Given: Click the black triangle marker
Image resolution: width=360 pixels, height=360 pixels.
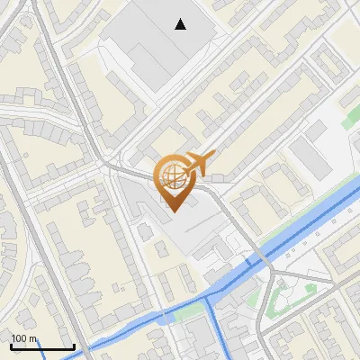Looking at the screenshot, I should [182, 25].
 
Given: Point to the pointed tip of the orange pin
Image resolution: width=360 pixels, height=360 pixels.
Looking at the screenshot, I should [171, 211].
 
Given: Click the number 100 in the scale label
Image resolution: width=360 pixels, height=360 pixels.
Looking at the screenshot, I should [18, 338].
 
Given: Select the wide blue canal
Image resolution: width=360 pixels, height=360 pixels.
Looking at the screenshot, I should [297, 234].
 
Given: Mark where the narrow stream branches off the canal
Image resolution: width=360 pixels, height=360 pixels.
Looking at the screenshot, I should [209, 297].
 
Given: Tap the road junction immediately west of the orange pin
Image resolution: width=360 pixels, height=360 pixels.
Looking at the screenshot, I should [112, 166].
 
